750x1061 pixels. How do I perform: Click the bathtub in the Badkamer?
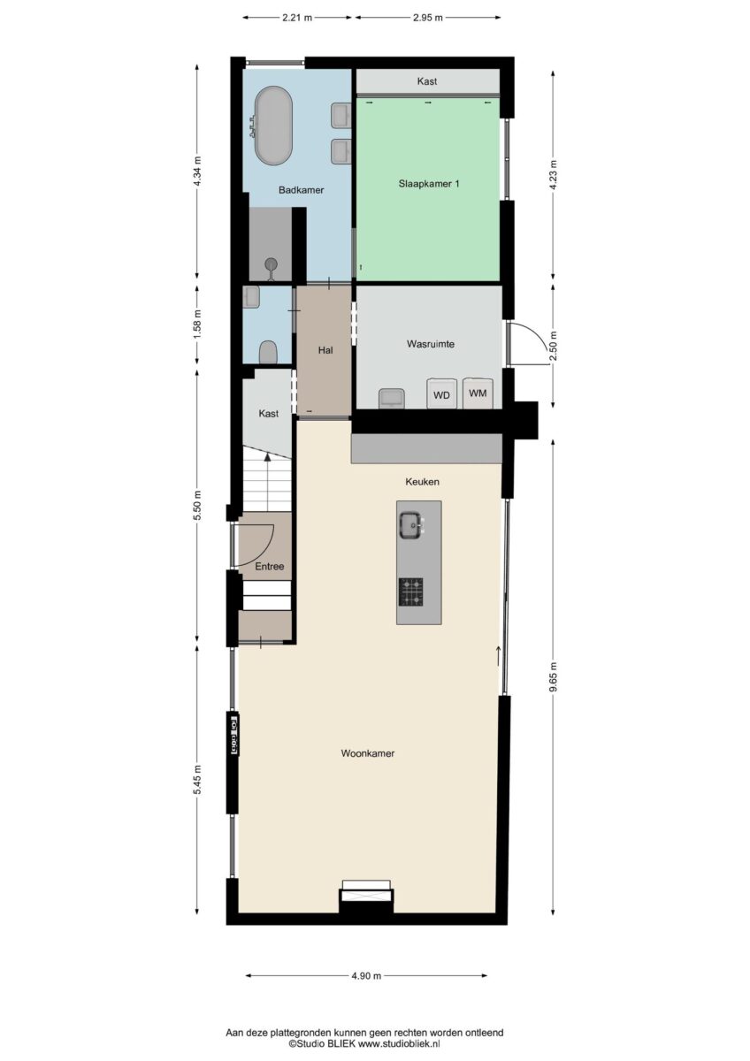pos(273,126)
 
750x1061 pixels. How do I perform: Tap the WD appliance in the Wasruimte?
pos(441,393)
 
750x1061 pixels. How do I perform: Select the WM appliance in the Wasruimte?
pos(478,393)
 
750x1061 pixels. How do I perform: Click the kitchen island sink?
pos(410,525)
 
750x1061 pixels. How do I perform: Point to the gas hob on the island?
pos(410,592)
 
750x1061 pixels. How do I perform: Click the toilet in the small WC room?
pos(268,352)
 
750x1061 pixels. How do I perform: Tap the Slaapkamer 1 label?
pos(429,184)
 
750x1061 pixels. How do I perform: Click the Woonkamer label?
pos(368,753)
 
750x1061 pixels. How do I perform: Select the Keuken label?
pos(422,482)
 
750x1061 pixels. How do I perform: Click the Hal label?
pos(325,350)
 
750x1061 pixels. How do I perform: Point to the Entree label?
pos(270,566)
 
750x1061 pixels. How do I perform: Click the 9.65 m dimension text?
pos(553,677)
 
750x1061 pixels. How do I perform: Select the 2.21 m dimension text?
pos(297,18)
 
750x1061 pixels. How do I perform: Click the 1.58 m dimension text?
pos(198,324)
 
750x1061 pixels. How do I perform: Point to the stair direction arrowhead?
pos(268,456)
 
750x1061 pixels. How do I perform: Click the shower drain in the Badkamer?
pos(272,263)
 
